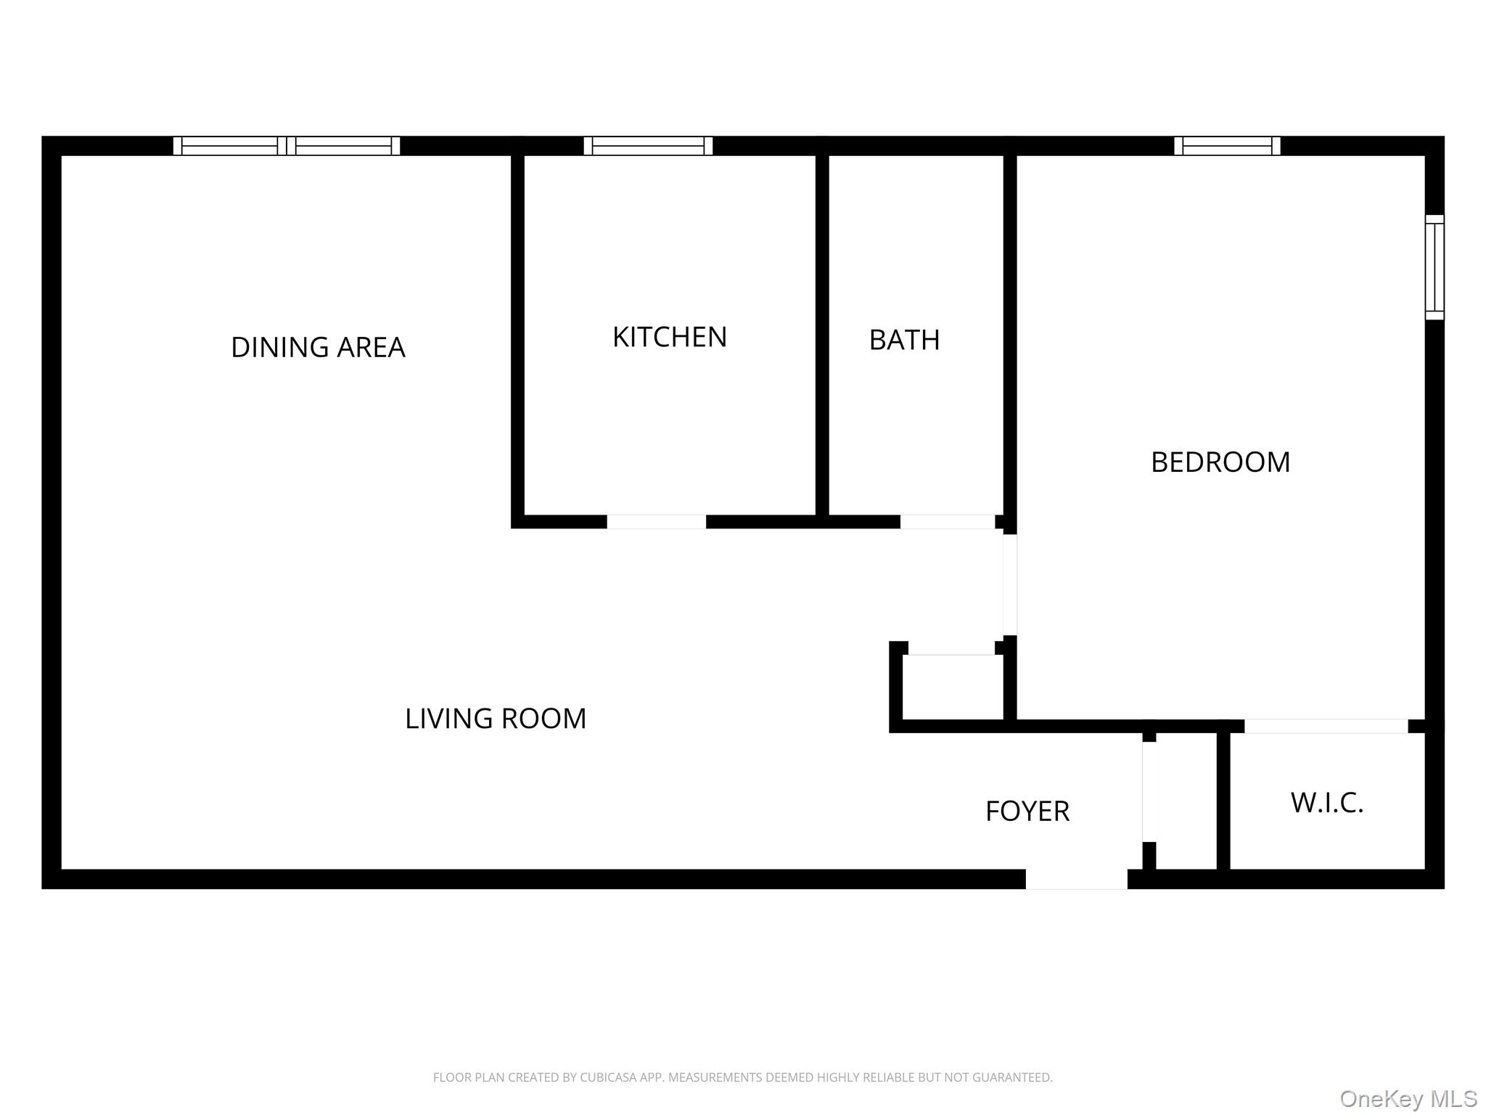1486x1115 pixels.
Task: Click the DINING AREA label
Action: coord(318,348)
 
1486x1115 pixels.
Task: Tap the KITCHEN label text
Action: coord(669,338)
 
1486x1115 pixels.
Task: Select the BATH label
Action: coord(904,340)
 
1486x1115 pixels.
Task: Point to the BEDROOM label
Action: coord(1220,462)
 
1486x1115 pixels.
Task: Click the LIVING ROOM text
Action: coord(495,719)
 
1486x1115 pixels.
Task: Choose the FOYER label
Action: coord(1027,812)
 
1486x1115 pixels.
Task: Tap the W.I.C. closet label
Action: coord(1326,803)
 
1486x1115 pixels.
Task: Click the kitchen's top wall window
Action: coord(648,146)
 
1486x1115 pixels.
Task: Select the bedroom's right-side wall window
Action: coord(1434,267)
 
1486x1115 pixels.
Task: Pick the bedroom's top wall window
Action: coord(1227,146)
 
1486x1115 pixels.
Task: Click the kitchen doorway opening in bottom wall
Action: coord(656,522)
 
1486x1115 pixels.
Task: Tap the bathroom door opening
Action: coord(947,522)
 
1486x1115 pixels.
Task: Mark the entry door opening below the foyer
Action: coord(1076,879)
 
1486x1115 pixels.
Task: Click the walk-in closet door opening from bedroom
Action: coord(1326,726)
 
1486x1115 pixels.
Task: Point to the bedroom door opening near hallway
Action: coord(1009,585)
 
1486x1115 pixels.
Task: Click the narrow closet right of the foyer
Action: coord(1186,801)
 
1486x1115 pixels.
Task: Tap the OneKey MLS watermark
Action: coord(1408,1099)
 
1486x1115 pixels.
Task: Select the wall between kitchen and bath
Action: coord(821,334)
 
